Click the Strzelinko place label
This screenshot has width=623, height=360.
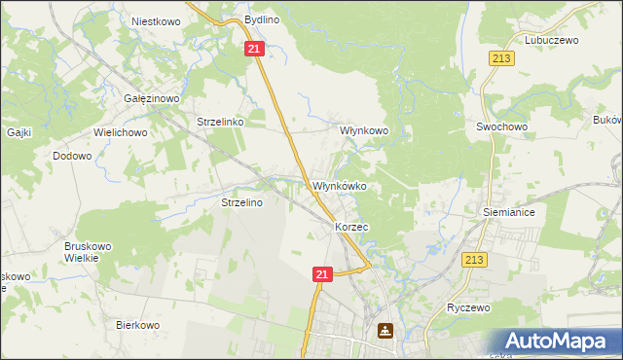click(219, 123)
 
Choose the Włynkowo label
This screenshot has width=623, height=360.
click(363, 129)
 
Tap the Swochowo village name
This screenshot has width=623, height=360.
click(501, 126)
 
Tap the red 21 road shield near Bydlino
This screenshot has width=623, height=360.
click(254, 49)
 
